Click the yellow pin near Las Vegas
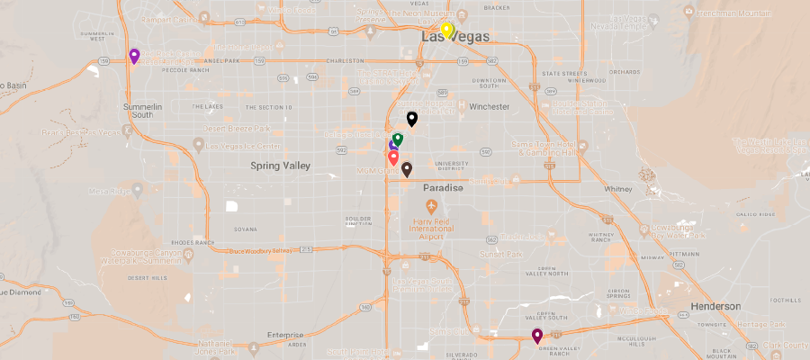point(445,30)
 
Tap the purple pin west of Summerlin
point(134,57)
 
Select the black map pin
point(412,118)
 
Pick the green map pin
point(398,139)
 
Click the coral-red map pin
point(393,157)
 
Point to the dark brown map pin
point(407,168)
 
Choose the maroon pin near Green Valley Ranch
point(537,336)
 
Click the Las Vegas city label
point(455,37)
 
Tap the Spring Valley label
point(280,166)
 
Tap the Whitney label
point(619,190)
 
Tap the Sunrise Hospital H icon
point(463,105)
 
